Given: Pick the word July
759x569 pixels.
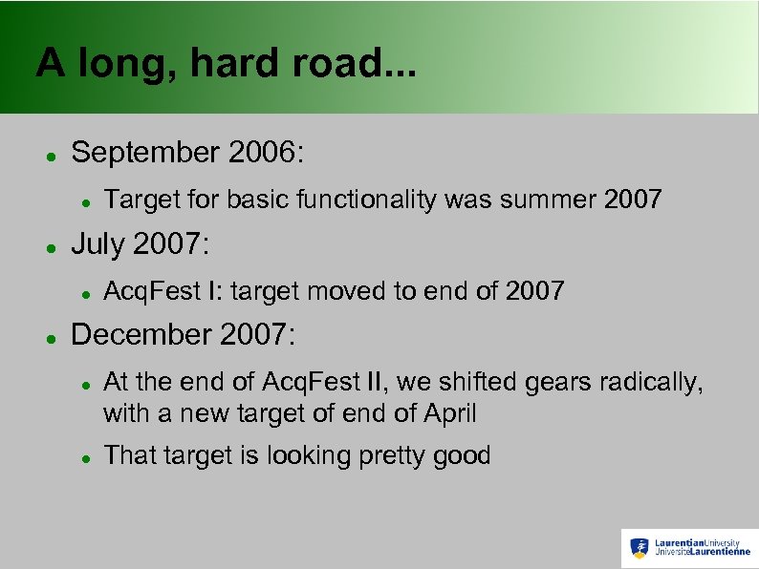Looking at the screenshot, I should point(98,245).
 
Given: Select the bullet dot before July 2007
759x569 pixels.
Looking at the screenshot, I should point(50,247).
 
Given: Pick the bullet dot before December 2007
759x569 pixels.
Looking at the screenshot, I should point(50,337).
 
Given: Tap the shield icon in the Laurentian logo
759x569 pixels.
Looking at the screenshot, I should point(639,548).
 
